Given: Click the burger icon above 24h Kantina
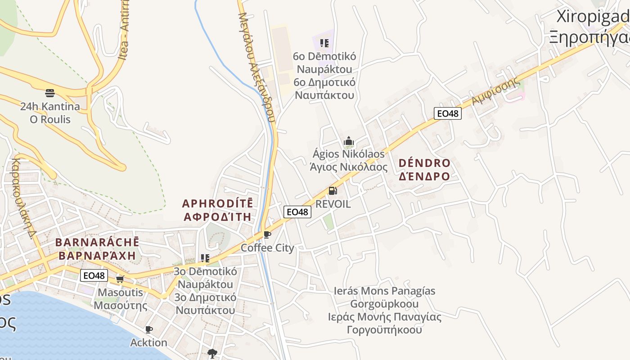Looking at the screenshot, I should click(50, 93).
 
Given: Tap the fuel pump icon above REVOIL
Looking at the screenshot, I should click(333, 191).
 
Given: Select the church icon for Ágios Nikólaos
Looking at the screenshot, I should click(349, 141).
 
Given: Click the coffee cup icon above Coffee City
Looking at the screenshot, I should click(267, 234).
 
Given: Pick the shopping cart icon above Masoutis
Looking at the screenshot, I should click(120, 279).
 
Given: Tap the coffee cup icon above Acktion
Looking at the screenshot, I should click(149, 329).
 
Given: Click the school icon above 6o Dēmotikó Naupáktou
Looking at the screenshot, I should click(324, 43).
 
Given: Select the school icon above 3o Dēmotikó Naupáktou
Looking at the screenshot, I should click(205, 258).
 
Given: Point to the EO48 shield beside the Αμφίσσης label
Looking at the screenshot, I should click(447, 113).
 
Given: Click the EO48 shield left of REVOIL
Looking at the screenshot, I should click(297, 211).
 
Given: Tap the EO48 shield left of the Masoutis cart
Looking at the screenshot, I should click(94, 275).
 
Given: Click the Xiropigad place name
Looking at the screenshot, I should click(592, 16).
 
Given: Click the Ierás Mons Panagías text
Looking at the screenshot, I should click(384, 291).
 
